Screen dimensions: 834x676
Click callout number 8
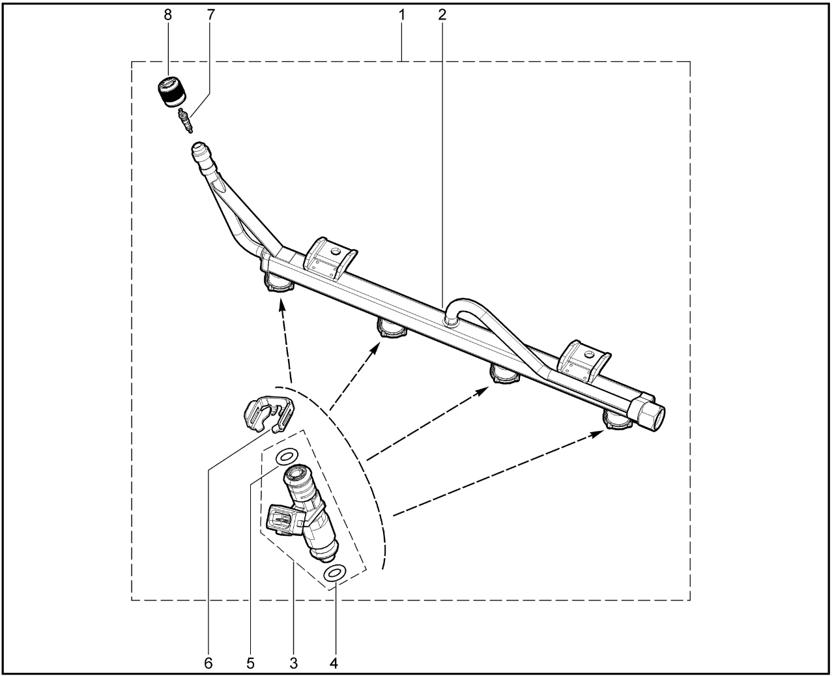[167, 15]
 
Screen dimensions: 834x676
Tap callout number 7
[210, 15]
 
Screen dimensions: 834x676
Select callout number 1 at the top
[402, 15]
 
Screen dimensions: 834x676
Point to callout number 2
[442, 15]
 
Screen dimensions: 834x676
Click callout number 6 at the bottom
[208, 663]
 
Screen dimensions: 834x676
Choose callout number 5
[251, 663]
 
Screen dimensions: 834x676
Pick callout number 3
[294, 663]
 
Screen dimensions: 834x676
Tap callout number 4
[334, 663]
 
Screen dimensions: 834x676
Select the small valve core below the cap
[185, 121]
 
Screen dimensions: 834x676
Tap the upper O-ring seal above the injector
[287, 457]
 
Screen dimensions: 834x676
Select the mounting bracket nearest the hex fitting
[583, 362]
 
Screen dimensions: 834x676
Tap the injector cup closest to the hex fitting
[618, 419]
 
